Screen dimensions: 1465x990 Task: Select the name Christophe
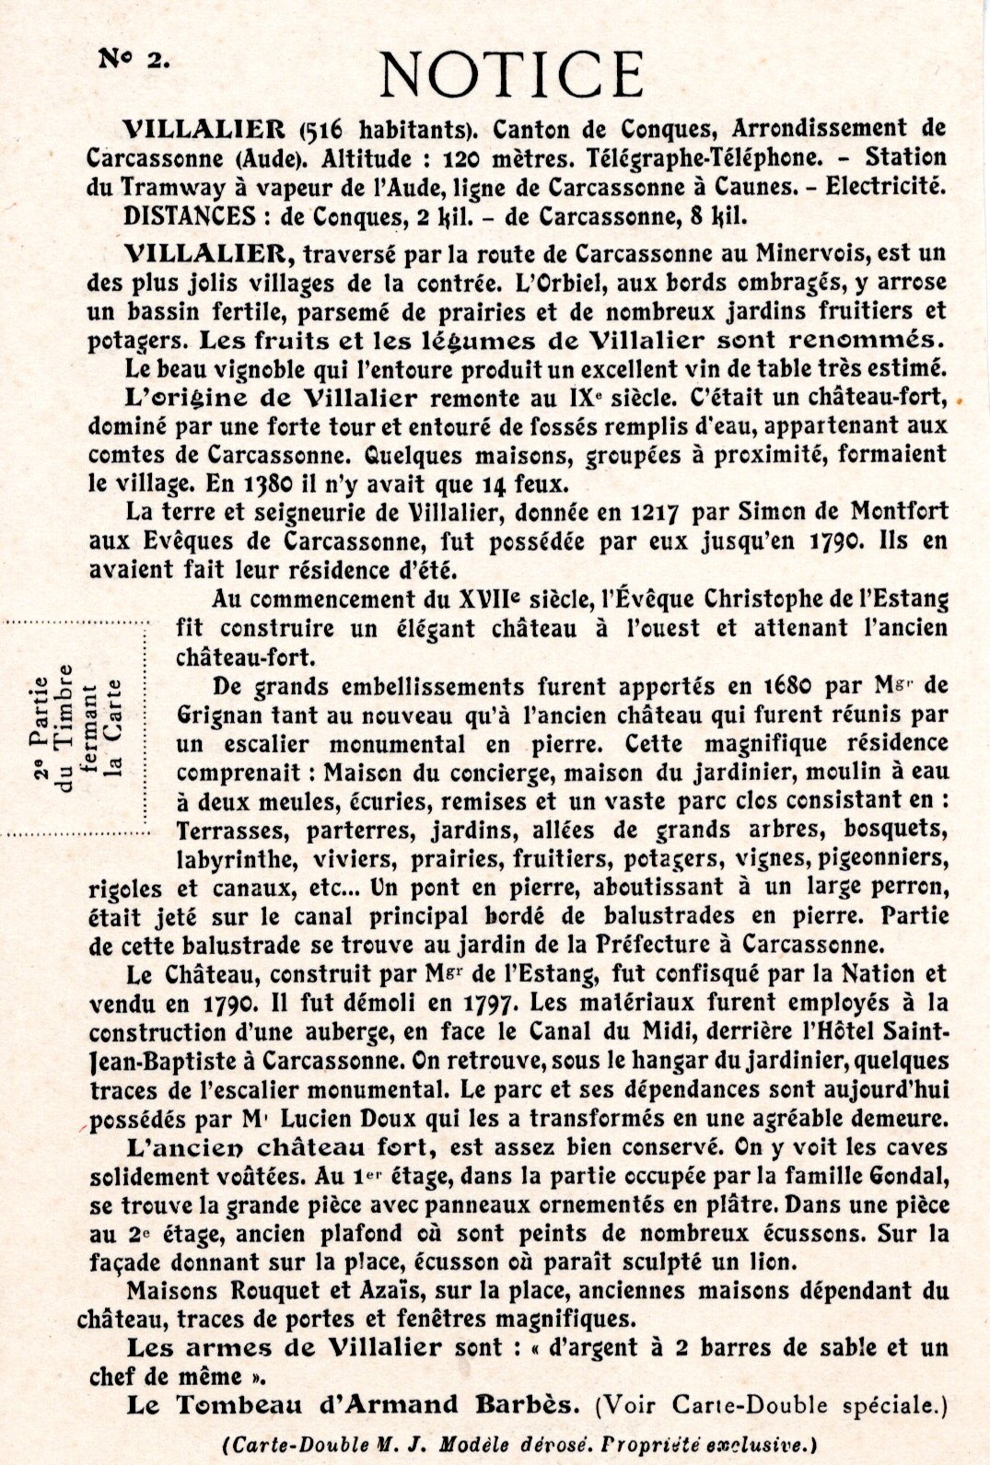[x=768, y=599]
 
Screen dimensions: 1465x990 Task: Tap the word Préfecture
[x=658, y=944]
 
